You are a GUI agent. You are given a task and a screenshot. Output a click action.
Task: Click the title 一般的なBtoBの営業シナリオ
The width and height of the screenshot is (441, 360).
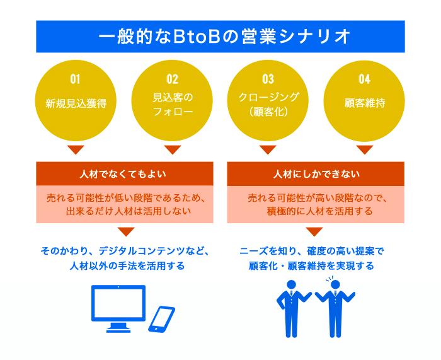coord(224,37)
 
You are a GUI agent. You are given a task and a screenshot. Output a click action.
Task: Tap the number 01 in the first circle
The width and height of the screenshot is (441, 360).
coord(75,79)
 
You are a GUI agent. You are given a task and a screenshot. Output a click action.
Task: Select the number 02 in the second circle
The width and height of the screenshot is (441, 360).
coord(172,79)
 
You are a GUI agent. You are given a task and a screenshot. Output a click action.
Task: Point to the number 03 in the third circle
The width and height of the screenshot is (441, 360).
coord(268,79)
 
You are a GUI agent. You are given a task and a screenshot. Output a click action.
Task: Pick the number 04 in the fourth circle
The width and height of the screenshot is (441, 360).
coord(365,79)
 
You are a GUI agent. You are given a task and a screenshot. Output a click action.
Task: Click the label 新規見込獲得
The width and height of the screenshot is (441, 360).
coord(76,103)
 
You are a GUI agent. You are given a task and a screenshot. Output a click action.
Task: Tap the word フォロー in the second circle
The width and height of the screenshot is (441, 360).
coord(173,112)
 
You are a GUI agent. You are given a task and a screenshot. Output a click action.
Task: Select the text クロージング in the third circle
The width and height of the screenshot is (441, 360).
coord(268,97)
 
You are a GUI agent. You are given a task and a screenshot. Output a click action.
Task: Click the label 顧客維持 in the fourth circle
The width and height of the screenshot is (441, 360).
coord(365,103)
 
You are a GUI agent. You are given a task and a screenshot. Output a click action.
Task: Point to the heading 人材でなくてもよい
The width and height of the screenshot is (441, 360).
coord(123,174)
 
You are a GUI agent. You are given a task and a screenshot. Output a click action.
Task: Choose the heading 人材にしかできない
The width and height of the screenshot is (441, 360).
coord(316,174)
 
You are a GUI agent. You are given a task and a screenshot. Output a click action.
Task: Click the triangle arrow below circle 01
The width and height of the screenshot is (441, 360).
coord(76,150)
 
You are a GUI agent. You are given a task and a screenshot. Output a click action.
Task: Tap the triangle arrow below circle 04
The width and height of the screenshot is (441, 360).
coord(365,150)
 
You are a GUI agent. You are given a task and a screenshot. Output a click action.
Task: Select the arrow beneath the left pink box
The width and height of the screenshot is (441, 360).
coord(126,231)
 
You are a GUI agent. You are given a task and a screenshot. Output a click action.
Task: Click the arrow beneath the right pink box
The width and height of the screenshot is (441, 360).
coord(314,231)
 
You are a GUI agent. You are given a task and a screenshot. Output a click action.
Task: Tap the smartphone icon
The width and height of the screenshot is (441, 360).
coord(161,319)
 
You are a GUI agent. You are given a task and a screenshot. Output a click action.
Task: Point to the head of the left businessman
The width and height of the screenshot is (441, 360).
coord(291,284)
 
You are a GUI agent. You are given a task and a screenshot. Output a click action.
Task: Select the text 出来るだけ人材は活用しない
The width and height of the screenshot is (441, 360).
coord(129,211)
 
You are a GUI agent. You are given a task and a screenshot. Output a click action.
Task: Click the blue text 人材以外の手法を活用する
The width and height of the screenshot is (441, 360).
coord(127,265)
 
